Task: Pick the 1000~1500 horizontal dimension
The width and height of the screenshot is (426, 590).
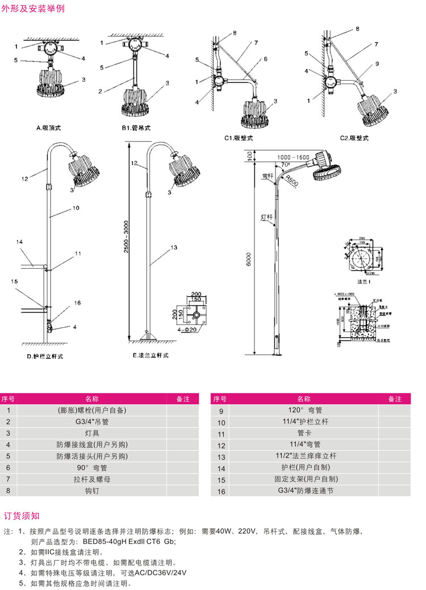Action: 294,157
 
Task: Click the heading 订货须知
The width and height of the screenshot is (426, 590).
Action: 22,516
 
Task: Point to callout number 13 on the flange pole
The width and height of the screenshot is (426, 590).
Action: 174,247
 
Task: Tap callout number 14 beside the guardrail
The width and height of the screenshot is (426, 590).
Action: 19,242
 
